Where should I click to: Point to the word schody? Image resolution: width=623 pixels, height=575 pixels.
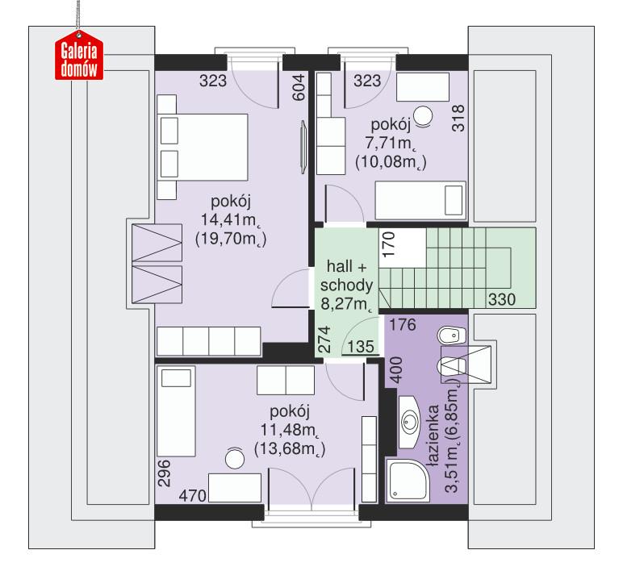coord(345,285)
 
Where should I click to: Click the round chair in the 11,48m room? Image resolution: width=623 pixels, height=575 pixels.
coord(234,459)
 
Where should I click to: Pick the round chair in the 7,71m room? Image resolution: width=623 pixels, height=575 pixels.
coord(422,116)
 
